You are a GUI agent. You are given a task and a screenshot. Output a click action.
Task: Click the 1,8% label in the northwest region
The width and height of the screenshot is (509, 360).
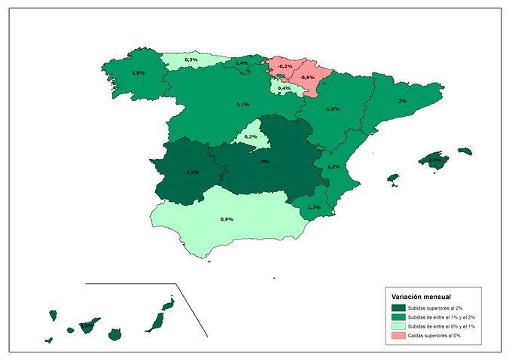138,73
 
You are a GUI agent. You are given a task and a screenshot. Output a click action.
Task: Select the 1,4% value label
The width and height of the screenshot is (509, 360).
241,63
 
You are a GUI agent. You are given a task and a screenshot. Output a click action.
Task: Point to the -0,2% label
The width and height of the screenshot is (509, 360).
285,66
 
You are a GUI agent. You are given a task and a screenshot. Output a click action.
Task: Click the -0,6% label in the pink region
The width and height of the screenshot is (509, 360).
306,78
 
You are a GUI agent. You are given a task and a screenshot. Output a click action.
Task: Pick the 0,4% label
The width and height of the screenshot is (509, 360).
284,88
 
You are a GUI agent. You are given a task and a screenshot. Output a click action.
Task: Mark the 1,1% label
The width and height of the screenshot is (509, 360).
242,105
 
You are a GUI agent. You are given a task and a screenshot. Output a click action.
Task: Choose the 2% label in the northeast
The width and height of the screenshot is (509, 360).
402,101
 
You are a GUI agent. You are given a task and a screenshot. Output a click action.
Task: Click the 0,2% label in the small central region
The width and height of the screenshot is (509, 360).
251,136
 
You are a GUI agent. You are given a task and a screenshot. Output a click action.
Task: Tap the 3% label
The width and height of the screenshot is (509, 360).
264,161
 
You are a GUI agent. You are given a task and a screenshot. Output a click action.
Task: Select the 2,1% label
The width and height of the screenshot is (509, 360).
192,172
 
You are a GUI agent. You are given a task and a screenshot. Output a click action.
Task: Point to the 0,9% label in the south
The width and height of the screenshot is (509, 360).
227,219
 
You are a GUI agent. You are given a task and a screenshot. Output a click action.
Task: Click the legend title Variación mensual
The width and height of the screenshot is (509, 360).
422,297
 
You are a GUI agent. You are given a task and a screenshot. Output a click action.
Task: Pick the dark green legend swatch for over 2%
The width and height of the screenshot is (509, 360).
398,308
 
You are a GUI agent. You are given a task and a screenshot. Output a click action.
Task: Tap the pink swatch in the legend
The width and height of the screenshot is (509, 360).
398,335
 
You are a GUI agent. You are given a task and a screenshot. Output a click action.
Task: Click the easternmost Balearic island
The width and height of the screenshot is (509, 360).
465,151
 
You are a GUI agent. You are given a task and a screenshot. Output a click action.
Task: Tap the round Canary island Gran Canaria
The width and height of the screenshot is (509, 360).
114,334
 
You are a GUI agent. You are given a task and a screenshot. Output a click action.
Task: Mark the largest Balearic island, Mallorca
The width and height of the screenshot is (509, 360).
434,160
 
